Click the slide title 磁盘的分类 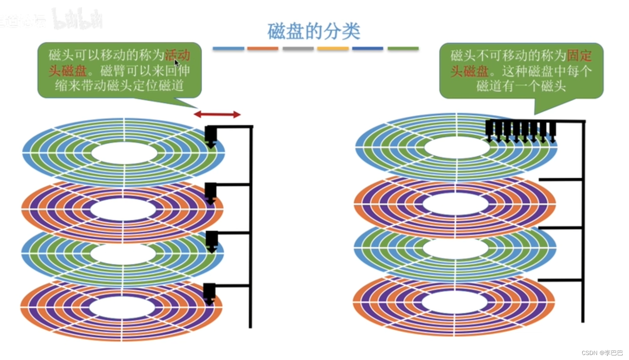(314, 31)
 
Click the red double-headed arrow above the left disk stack (217, 114)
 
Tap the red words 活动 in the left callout (178, 55)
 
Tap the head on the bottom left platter (210, 293)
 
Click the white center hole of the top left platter (124, 153)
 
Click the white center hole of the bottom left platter (122, 308)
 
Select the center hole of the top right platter (457, 148)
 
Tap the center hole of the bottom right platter (455, 302)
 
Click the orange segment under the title (263, 49)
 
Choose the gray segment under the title (298, 49)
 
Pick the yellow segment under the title (333, 49)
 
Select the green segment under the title (403, 49)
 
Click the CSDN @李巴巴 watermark (602, 353)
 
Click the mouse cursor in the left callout (177, 63)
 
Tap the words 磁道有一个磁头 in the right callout (521, 86)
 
